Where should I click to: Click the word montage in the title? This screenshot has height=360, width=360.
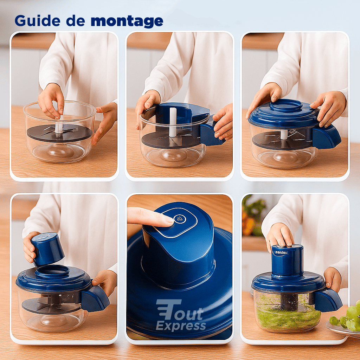(x=127, y=21)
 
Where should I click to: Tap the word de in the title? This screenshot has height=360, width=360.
(x=76, y=21)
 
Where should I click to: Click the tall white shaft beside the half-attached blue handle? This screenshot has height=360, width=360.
(x=173, y=122)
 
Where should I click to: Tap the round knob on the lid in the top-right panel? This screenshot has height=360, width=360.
(x=285, y=105)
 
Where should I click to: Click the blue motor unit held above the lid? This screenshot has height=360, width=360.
(x=47, y=249)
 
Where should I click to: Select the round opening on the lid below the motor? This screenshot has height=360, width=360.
(x=52, y=271)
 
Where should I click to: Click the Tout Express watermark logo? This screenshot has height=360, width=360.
(x=180, y=315)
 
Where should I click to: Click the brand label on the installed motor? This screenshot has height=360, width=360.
(x=281, y=252)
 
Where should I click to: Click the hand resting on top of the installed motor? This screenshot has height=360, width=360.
(x=279, y=235)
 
